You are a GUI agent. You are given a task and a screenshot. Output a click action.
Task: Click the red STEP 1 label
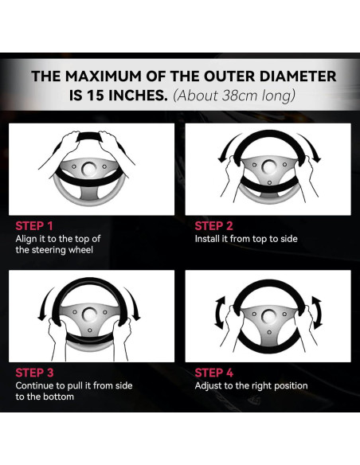(34, 226)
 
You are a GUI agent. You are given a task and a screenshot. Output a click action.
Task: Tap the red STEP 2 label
(213, 226)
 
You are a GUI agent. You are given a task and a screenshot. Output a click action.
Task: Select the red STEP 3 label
(34, 373)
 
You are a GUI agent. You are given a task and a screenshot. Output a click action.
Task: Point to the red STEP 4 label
(214, 373)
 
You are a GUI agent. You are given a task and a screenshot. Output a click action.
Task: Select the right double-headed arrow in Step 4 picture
(318, 313)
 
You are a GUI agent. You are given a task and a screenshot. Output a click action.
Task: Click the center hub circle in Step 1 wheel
(88, 168)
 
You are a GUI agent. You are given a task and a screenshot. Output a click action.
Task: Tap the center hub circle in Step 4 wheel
(268, 315)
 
